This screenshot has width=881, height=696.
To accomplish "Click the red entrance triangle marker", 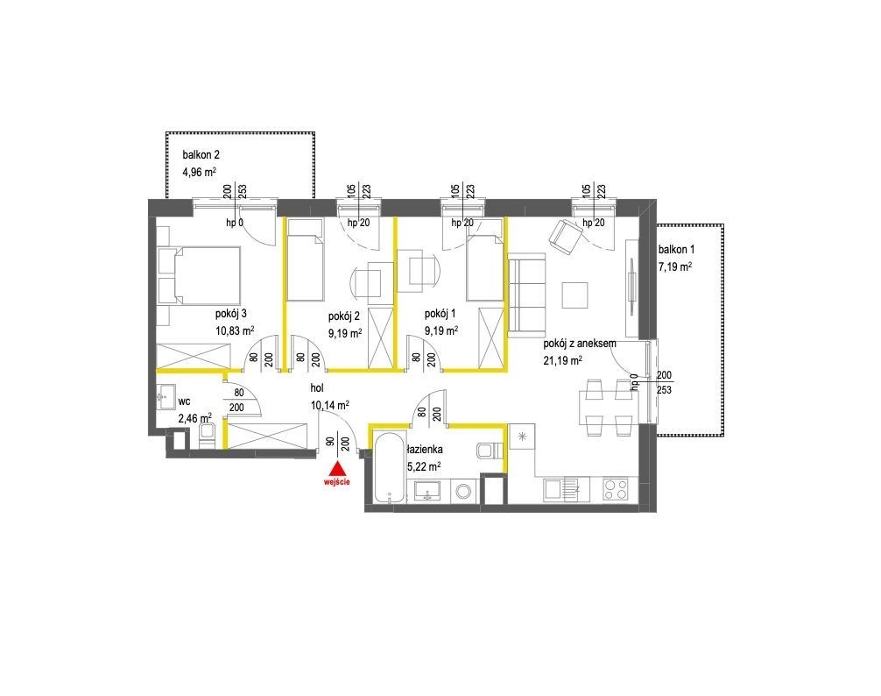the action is point(336,469).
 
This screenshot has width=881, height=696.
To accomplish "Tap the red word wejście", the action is point(337,482).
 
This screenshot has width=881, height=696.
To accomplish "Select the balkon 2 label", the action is point(201,154).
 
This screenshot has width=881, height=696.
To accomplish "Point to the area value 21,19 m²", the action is point(562,360).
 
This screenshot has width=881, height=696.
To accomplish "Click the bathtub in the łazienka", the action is point(389,467).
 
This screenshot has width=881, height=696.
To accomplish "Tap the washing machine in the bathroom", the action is point(464,492).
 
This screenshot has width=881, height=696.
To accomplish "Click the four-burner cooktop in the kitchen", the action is point(616,489).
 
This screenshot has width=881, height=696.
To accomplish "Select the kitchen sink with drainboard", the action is point(567,489).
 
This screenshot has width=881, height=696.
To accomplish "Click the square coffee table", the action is point(574,295).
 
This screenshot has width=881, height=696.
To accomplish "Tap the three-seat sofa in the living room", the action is point(526,295).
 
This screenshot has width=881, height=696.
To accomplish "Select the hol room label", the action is point(317,388).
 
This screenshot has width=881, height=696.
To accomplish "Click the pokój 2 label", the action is point(344,316).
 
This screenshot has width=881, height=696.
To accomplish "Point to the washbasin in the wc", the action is point(166,396).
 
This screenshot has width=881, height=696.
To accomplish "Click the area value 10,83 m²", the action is point(235,330).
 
